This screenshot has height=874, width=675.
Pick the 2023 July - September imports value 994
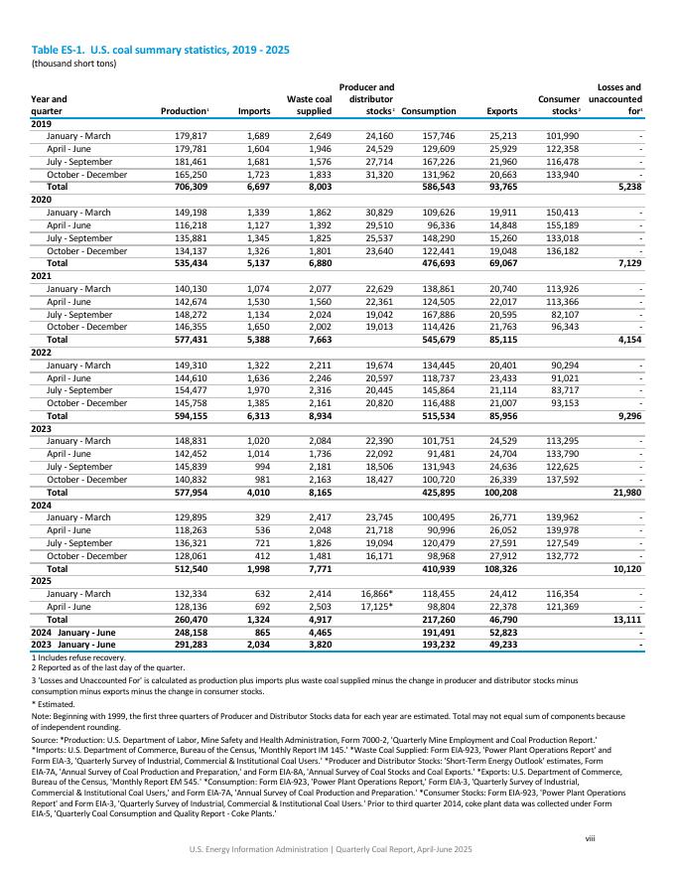click(x=259, y=467)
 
